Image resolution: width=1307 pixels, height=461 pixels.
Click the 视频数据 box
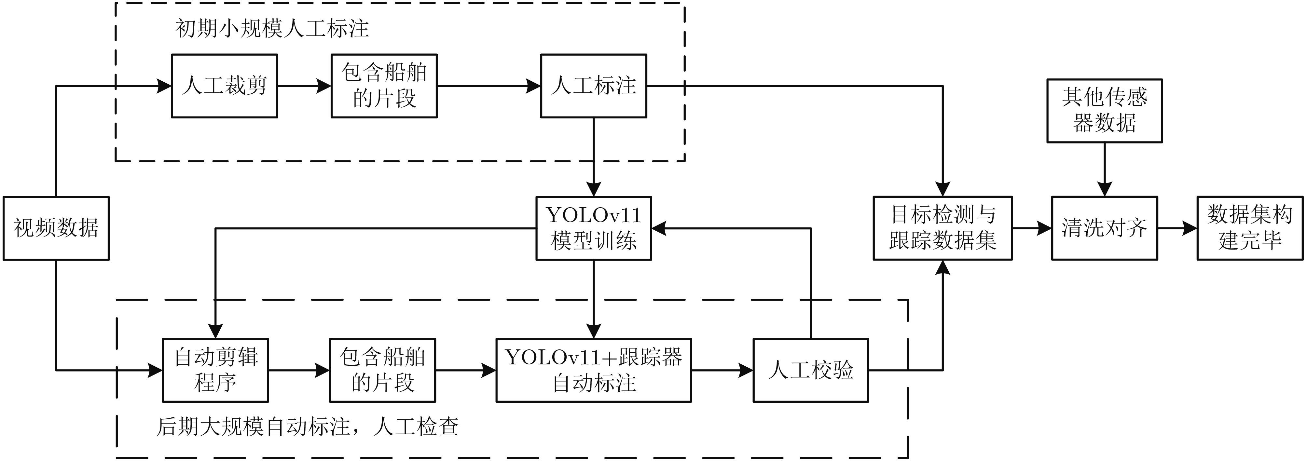[56, 228]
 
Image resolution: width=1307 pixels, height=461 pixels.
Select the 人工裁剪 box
[224, 86]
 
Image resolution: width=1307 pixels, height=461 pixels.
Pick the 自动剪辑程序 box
[215, 370]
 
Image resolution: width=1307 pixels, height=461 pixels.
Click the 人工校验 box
[810, 370]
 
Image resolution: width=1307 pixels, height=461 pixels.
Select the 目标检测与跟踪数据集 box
[942, 228]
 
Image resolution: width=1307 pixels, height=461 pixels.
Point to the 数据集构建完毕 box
[1250, 228]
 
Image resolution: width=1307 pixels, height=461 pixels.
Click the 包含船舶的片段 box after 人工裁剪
[384, 86]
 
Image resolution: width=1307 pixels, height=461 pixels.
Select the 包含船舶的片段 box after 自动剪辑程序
[382, 370]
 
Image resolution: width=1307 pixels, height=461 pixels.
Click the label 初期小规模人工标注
[272, 28]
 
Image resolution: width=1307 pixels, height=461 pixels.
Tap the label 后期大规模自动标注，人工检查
[308, 427]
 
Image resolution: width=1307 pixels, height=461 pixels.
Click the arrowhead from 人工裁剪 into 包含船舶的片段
[324, 86]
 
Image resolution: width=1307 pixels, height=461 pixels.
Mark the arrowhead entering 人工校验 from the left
[746, 370]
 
